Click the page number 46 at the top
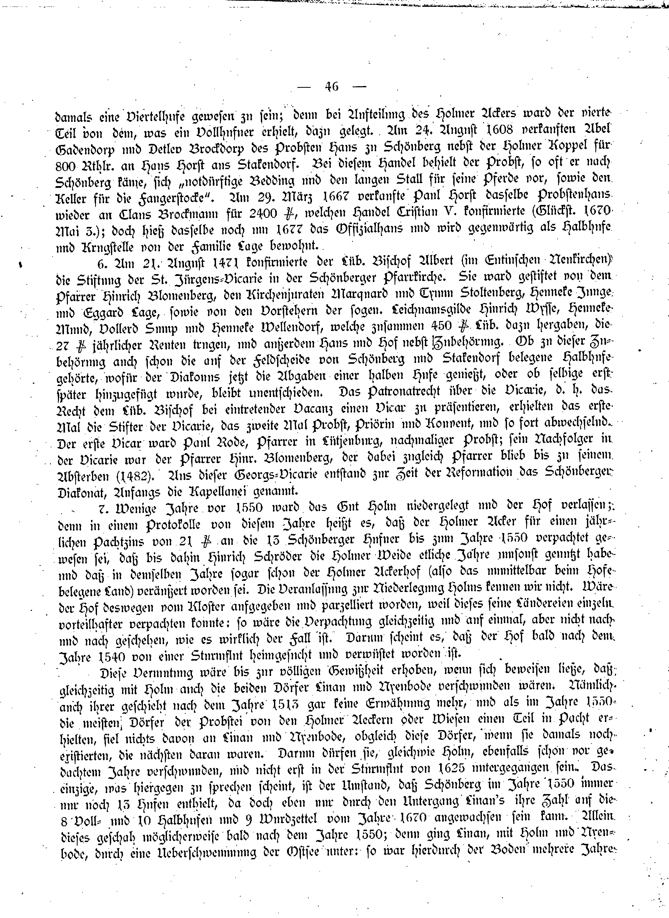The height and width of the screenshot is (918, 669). (331, 87)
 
